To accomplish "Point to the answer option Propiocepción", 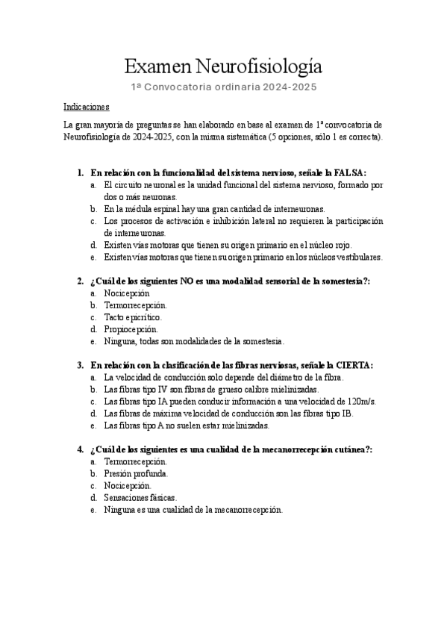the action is [131, 328].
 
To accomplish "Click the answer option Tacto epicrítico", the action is [132, 316].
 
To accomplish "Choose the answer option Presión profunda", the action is [136, 473].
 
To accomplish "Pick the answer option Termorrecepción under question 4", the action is [136, 461].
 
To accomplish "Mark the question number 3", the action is [80, 365].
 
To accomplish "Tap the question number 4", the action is [80, 449].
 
